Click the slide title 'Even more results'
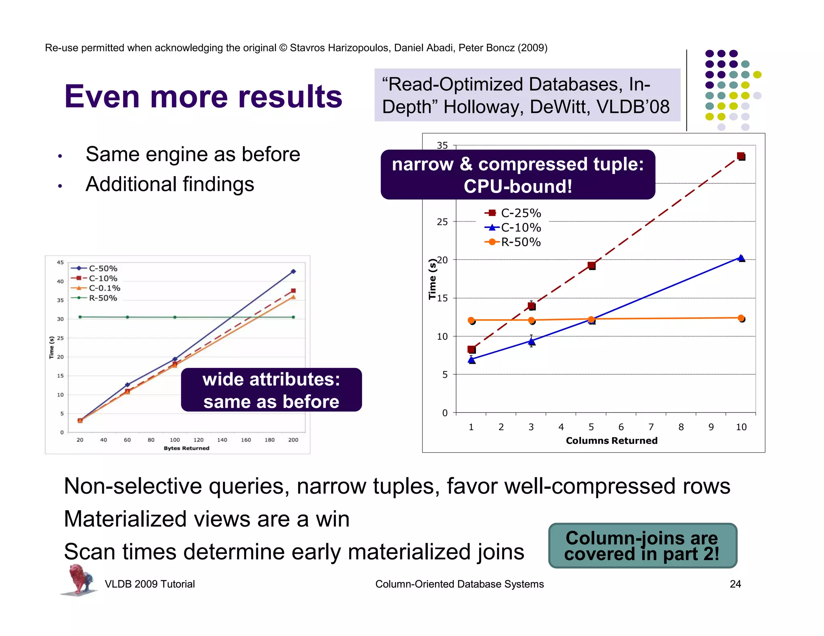[x=203, y=97]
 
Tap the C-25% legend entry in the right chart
[x=513, y=213]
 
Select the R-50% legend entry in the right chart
[x=513, y=242]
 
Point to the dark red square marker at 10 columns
[x=741, y=156]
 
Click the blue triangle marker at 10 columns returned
[x=741, y=258]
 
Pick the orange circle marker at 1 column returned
[x=471, y=320]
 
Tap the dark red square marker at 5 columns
[x=591, y=265]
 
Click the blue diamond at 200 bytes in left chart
[x=293, y=271]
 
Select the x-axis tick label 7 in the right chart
[x=651, y=427]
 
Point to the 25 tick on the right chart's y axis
[x=442, y=222]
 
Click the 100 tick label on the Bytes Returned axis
[x=175, y=440]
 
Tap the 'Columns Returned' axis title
[x=612, y=441]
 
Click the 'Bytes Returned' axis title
[x=186, y=448]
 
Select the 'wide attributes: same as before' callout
[x=271, y=390]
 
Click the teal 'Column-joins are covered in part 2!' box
[x=642, y=546]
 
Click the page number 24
[x=735, y=584]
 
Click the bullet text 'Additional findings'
[x=170, y=185]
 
